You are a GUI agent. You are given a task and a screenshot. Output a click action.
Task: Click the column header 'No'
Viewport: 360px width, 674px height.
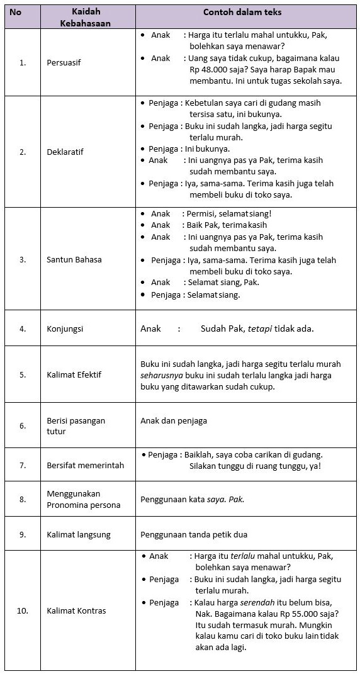click(15, 12)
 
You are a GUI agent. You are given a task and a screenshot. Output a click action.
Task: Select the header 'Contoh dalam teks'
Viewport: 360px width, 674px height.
click(242, 12)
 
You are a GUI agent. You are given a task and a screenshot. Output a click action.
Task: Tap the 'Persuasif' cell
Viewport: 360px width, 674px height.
click(64, 63)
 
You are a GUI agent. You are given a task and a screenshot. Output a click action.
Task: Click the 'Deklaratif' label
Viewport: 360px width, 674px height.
click(65, 152)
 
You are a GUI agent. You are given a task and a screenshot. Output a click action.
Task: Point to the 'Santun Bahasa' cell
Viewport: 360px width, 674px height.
click(74, 259)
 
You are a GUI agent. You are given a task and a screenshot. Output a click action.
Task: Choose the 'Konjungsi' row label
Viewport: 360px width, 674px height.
click(65, 329)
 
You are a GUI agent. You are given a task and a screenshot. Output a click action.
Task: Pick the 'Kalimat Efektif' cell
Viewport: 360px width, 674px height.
click(74, 374)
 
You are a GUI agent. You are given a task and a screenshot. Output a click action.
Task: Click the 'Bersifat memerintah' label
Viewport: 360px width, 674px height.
click(85, 465)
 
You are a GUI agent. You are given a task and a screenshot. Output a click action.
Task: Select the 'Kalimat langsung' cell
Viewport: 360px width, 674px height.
click(78, 534)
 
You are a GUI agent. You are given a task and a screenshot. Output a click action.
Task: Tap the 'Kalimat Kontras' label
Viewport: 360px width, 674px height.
click(76, 610)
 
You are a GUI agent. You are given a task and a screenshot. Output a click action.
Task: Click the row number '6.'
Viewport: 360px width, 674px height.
click(23, 426)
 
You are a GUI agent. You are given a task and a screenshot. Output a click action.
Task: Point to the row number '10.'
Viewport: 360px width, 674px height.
click(23, 610)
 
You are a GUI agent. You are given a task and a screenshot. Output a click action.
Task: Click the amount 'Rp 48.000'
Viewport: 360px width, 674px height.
click(207, 70)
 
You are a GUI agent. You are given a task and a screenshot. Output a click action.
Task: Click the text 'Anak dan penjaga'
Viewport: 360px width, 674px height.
click(174, 420)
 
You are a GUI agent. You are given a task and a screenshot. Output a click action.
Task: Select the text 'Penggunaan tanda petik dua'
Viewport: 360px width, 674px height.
click(194, 534)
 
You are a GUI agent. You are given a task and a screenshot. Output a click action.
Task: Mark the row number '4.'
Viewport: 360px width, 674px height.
click(23, 329)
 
